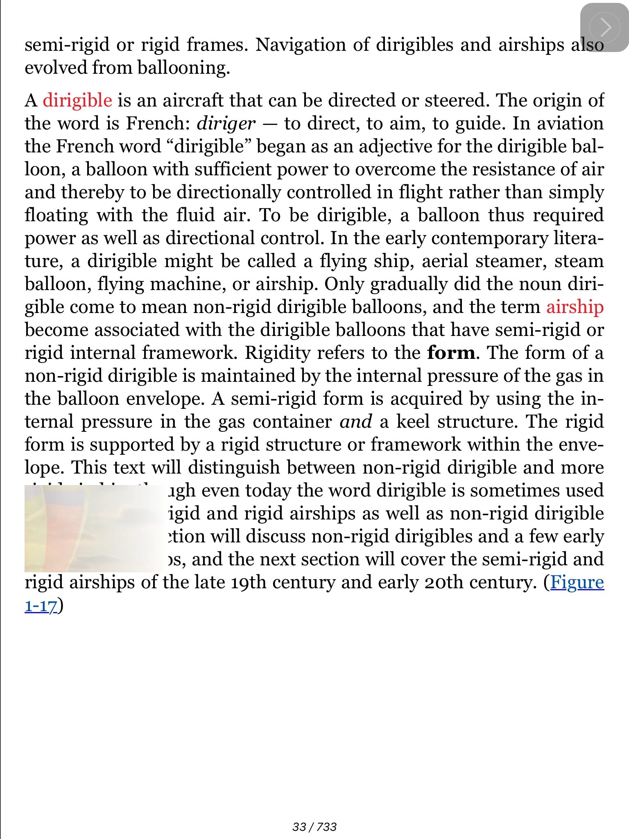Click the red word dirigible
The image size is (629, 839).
point(77,100)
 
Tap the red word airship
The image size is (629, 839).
point(575,307)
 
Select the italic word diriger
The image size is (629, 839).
point(226,123)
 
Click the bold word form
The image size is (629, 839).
point(451,353)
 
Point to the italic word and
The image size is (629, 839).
point(355,422)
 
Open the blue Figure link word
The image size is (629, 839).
point(577,582)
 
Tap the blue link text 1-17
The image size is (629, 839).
point(41,605)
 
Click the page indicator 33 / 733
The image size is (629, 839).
point(314,827)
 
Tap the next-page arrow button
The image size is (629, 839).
point(604,27)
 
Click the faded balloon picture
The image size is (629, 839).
point(94,528)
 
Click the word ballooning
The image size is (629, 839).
point(183,68)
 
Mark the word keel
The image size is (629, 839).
point(413,422)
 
